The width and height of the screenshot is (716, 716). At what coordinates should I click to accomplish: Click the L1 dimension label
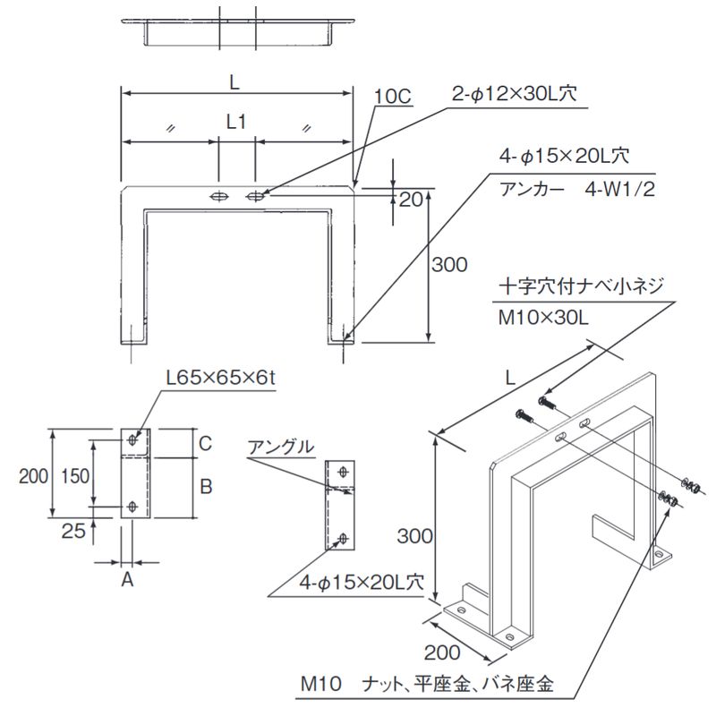236,123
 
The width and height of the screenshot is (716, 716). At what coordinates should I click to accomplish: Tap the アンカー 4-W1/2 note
571,190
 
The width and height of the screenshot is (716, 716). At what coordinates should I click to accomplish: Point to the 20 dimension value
411,200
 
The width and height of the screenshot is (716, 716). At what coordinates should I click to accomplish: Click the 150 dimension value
78,476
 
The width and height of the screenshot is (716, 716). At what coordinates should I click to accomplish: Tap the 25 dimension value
75,531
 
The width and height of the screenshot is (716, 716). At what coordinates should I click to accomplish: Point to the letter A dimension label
127,580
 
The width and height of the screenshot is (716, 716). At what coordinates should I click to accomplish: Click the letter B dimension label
205,487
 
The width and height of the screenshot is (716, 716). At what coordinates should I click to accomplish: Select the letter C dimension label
205,442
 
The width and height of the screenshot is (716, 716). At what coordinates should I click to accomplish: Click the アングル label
281,446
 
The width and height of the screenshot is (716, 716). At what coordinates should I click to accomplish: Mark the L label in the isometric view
508,379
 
